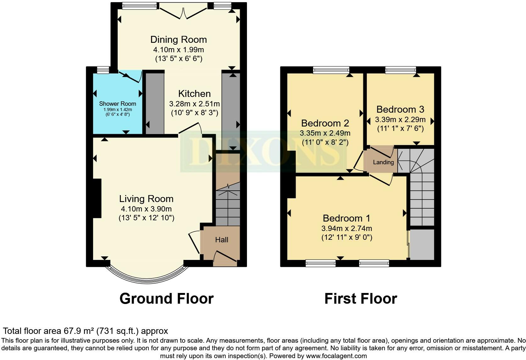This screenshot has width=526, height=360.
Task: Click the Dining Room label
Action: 178,39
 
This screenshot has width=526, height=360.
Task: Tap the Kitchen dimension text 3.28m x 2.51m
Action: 194,104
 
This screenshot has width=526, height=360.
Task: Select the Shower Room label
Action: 117,104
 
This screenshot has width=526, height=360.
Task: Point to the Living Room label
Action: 146,199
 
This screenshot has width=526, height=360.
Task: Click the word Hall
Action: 222,240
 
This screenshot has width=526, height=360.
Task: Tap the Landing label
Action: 383,162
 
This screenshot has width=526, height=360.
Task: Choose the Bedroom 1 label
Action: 347,218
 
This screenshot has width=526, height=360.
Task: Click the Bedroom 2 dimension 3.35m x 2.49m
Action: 325,133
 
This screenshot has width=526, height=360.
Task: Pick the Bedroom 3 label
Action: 400,110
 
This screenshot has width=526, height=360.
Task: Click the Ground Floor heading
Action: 166,299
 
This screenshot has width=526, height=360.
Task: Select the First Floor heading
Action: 361,299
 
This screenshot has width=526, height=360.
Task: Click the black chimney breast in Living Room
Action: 97,199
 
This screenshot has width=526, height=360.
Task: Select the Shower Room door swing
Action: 131,76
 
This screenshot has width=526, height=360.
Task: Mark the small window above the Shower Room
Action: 103,70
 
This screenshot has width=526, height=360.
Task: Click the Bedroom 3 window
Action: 400,70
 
